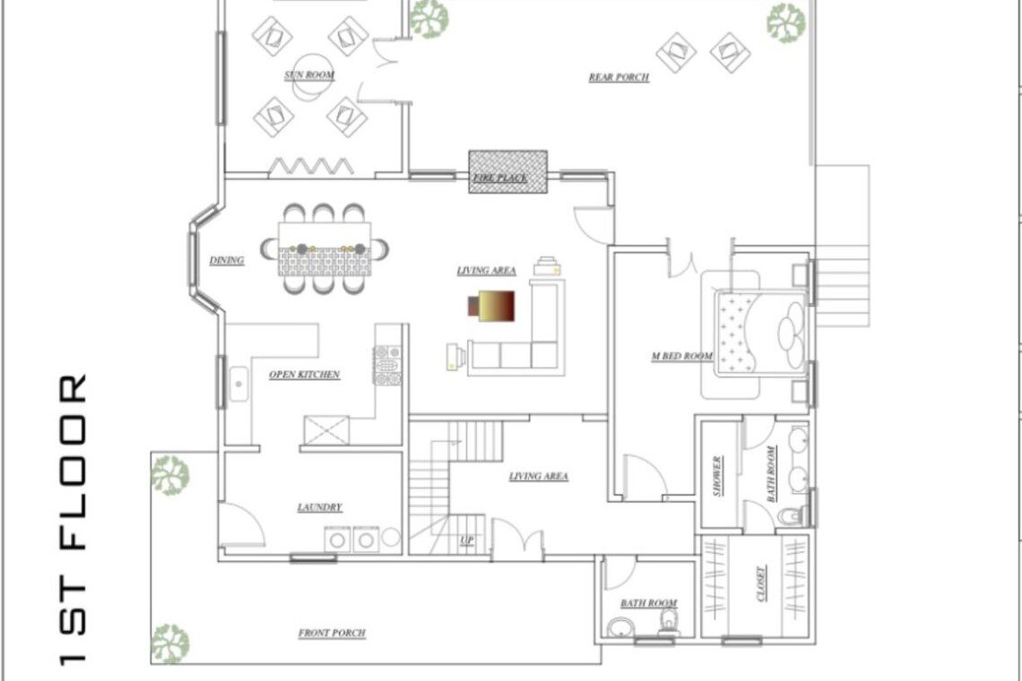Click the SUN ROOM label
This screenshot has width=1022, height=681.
point(309,75)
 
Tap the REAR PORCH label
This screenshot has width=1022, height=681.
point(619,77)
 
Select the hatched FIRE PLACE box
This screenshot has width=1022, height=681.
point(507,172)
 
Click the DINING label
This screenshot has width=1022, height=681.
point(226,260)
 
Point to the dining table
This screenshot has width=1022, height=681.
point(325,249)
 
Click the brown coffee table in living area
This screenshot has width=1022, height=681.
point(492,306)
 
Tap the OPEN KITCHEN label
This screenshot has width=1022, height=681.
point(305,374)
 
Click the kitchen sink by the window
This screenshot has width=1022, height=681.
point(238,384)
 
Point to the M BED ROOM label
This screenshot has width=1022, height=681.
point(681,356)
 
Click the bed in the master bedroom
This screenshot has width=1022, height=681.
point(760,333)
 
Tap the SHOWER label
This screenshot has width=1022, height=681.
point(717,476)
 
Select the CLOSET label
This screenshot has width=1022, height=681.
point(760,583)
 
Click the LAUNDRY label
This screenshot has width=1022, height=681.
point(319,507)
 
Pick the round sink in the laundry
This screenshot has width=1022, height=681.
point(391,537)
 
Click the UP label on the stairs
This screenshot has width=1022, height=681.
point(467,540)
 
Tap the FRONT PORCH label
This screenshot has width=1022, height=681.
point(332,633)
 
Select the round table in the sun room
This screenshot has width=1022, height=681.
point(313,77)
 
